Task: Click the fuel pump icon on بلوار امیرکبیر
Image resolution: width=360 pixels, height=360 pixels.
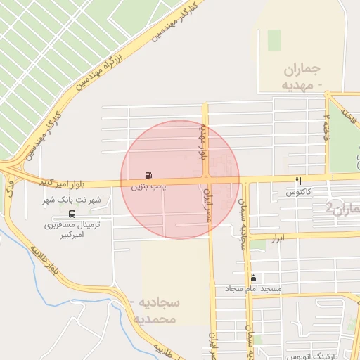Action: coord(148,175)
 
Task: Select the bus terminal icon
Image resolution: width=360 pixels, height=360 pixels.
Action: coord(72,214)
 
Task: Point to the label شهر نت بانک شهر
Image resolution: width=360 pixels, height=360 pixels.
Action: coord(74,200)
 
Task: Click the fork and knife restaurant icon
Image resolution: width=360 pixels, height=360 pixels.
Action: coord(299,181)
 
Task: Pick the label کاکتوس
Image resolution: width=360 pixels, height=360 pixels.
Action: coord(299,191)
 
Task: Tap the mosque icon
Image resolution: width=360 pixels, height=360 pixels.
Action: coord(253,278)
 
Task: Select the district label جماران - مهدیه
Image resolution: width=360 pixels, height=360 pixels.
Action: coord(304,77)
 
